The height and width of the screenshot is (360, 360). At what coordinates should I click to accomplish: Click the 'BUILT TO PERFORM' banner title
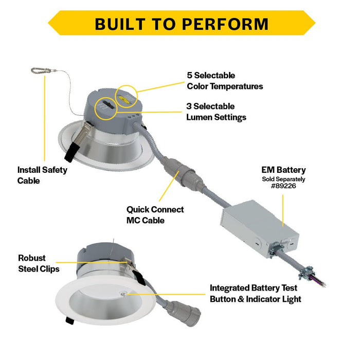click(181, 24)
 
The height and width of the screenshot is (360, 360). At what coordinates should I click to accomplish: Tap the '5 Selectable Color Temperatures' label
click(225, 81)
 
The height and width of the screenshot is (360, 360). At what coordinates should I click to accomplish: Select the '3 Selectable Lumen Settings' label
click(216, 112)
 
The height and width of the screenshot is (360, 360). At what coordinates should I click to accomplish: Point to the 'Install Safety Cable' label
click(42, 175)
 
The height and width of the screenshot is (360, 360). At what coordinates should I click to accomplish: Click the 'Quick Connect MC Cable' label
click(155, 214)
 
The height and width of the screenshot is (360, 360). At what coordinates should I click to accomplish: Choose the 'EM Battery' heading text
click(283, 170)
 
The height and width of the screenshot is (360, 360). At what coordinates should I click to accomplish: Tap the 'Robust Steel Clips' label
click(39, 263)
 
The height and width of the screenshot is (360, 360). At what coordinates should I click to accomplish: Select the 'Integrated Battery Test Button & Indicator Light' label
click(255, 294)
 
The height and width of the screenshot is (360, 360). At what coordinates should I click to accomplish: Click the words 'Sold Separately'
click(283, 179)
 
